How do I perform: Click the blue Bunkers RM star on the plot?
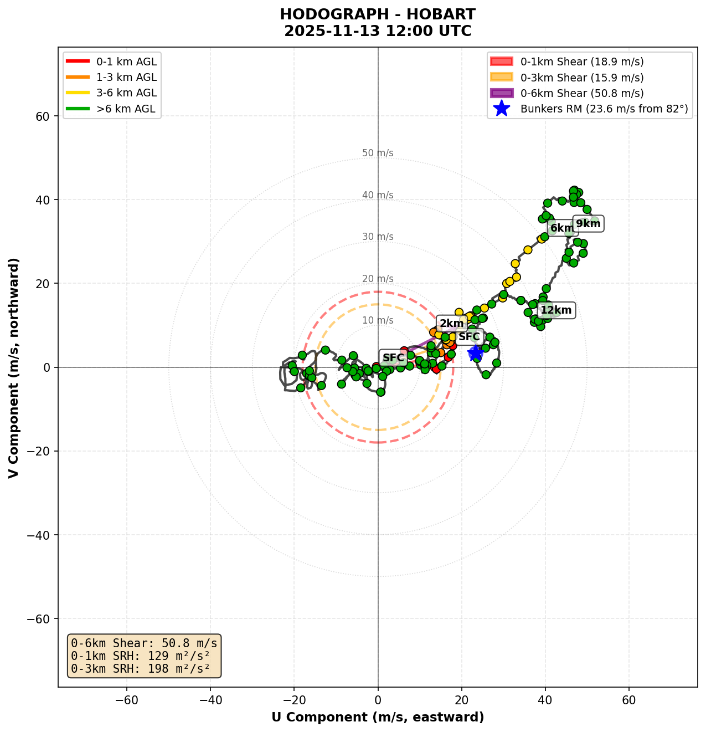(x=475, y=352)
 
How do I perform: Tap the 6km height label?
(x=561, y=228)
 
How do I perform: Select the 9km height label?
(x=588, y=224)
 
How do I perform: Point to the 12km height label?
(x=556, y=310)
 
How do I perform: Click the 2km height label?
(x=451, y=324)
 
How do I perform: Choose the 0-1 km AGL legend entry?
(x=126, y=62)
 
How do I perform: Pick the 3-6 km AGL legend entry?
(x=126, y=93)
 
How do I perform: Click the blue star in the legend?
(x=501, y=109)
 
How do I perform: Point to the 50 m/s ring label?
(x=378, y=153)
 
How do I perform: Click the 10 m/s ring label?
(x=378, y=321)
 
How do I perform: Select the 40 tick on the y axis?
(x=44, y=200)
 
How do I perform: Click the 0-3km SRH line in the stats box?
(x=141, y=668)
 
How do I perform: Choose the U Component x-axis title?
(x=378, y=718)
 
